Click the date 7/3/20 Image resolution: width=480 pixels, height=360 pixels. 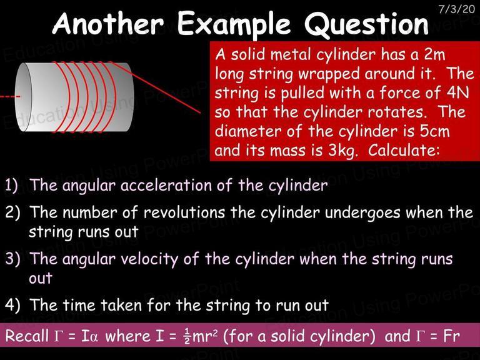tap(456, 9)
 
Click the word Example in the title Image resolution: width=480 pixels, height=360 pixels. tap(234, 24)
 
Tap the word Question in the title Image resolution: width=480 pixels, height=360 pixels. tap(366, 24)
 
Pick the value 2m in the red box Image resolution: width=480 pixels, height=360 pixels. tap(434, 54)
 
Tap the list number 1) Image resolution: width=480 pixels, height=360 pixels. tap(11, 185)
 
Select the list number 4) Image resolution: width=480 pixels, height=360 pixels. tap(12, 305)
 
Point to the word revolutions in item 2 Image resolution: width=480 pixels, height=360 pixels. tap(184, 212)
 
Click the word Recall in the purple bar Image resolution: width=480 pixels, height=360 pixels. tap(27, 336)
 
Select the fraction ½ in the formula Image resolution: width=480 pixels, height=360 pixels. tap(186, 336)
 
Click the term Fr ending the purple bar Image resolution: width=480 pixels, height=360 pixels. tap(451, 336)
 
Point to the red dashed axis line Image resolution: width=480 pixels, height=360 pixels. tap(10, 97)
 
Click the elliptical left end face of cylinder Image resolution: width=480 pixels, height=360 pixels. tap(23, 97)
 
